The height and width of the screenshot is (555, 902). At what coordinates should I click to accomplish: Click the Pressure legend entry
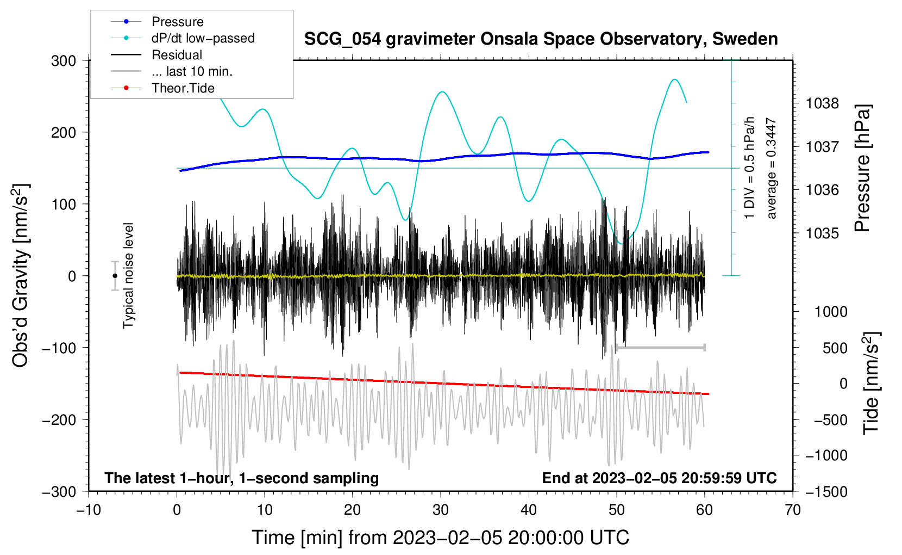coord(177,22)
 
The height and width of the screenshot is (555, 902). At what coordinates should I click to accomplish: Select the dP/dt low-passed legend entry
coord(203,38)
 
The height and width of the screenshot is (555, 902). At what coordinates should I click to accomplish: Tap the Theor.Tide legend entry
coord(183,88)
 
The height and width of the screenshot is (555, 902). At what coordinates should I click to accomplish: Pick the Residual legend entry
coord(177,55)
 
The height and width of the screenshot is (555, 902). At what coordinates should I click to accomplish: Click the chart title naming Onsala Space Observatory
coord(541,39)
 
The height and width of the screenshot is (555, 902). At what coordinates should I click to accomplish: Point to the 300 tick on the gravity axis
coord(64,60)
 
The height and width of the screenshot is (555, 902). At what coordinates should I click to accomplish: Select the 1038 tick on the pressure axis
coord(822,103)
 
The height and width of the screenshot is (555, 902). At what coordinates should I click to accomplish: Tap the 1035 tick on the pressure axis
coord(822,233)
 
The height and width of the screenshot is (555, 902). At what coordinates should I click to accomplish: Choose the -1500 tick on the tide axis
coord(826,492)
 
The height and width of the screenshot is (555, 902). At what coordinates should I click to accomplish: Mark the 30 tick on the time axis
coord(441,510)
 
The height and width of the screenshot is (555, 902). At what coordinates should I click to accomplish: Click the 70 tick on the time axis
coord(793,510)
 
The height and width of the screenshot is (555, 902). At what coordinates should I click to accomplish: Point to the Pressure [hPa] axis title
coord(862,168)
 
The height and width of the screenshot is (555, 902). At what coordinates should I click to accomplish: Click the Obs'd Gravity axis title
coord(20,275)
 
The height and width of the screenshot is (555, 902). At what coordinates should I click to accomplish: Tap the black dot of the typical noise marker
coord(115,276)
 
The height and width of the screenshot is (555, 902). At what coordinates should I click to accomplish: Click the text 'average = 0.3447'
coord(772,169)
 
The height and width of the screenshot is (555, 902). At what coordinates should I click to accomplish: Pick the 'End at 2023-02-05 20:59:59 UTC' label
coord(659,478)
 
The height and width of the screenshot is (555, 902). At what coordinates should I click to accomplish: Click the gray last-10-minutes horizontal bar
coord(660,347)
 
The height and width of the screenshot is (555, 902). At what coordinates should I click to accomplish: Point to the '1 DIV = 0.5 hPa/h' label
coord(749,168)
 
